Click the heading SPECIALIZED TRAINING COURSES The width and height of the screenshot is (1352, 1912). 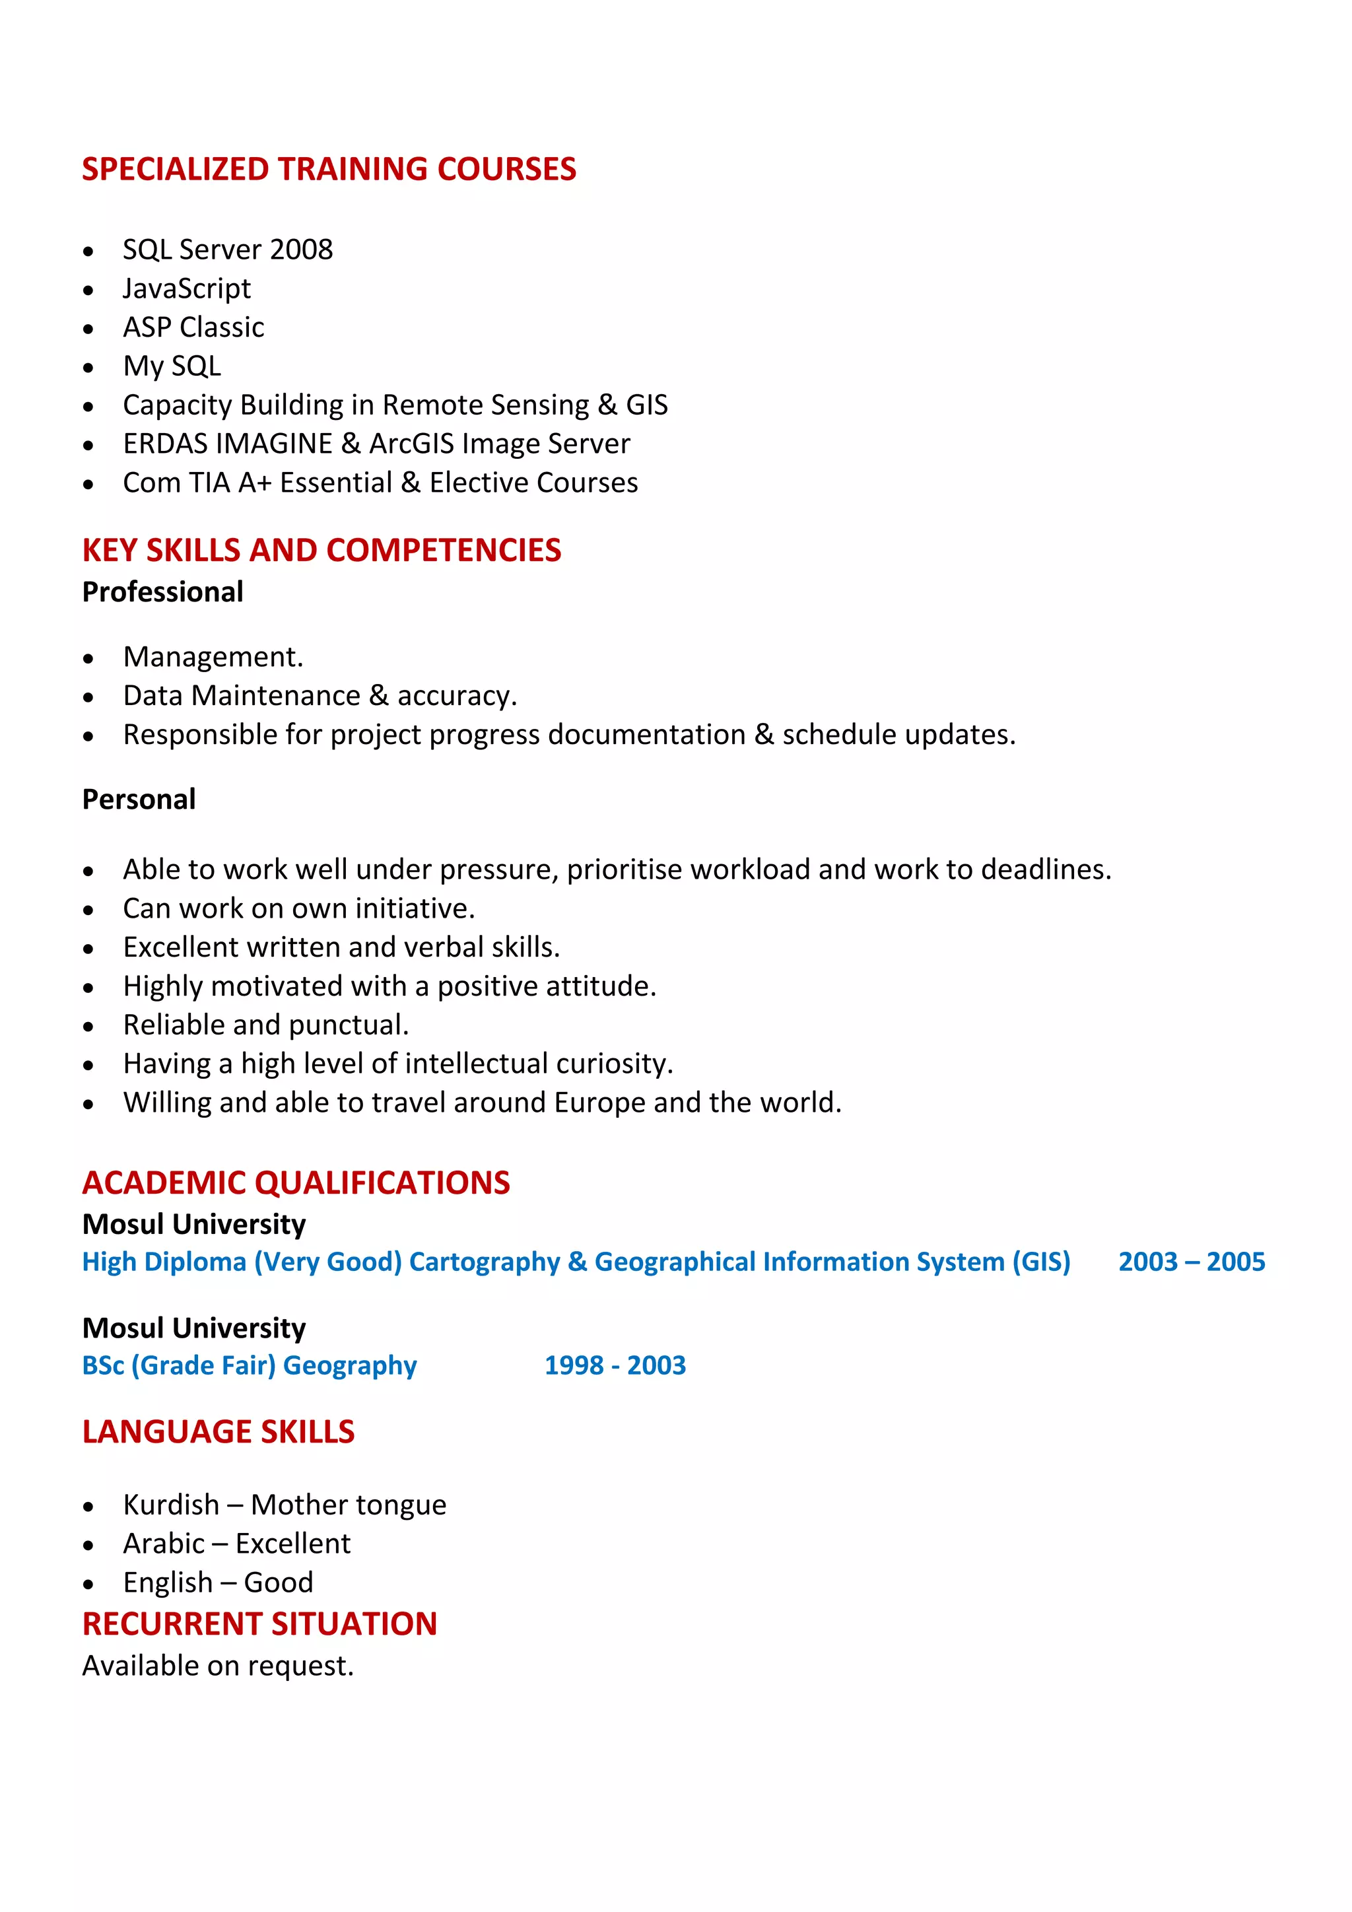[x=328, y=169]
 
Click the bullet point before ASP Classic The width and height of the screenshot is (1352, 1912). [x=88, y=329]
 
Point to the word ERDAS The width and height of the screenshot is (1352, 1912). [x=158, y=444]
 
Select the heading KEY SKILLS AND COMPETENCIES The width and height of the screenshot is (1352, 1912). [x=321, y=551]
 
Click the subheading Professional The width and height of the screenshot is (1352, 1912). [x=162, y=592]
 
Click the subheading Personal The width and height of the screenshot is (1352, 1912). [x=138, y=800]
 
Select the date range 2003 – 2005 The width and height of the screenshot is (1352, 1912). [x=1192, y=1262]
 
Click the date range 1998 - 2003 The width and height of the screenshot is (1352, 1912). [x=615, y=1366]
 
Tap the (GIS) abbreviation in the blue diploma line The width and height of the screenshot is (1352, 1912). [x=1040, y=1262]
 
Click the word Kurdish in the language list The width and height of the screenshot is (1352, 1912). [x=171, y=1505]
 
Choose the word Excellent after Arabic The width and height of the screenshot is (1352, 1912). [x=292, y=1544]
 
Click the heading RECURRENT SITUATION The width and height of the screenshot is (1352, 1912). [x=259, y=1624]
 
